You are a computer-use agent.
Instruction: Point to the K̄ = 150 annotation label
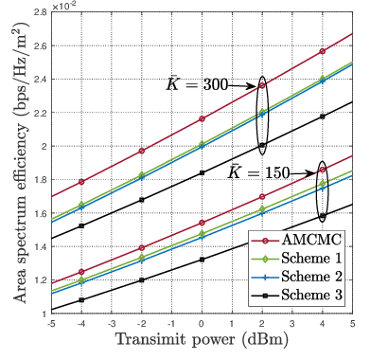(257, 172)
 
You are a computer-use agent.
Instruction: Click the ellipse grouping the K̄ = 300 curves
(262, 116)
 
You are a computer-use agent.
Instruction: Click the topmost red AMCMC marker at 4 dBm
(323, 51)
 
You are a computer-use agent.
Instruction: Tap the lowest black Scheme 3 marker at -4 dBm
(80, 300)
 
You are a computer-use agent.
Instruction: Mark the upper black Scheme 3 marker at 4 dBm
(323, 117)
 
